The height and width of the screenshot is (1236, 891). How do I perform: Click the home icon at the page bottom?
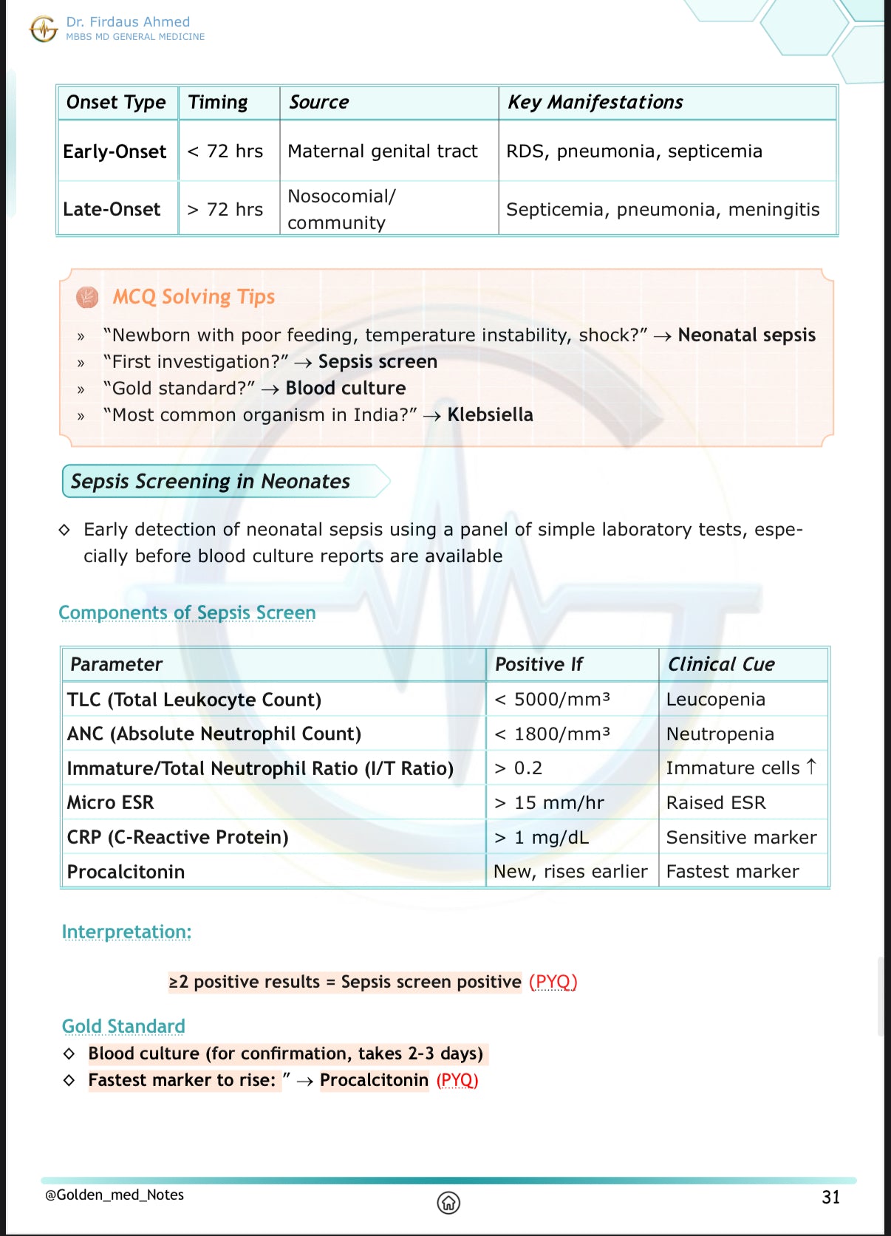[x=448, y=1203]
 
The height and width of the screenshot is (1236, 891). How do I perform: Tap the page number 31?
[x=830, y=1198]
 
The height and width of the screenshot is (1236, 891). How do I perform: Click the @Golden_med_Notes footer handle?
[x=115, y=1195]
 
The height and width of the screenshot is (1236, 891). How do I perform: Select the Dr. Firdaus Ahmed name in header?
[x=128, y=22]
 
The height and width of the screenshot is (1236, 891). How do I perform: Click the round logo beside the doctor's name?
[x=44, y=30]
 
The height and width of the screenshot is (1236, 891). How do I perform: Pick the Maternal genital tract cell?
[x=383, y=151]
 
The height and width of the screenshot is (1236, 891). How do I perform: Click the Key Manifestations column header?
[x=595, y=102]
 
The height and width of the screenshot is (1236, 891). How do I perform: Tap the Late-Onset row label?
[x=112, y=210]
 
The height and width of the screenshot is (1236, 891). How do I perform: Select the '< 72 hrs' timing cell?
[x=225, y=151]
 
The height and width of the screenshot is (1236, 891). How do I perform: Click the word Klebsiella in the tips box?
[x=490, y=415]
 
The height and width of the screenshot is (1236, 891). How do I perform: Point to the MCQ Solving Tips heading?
[x=194, y=297]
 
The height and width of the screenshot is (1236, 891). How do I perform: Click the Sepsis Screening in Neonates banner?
[x=211, y=482]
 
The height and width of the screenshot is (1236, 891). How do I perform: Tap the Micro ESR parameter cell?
[x=111, y=802]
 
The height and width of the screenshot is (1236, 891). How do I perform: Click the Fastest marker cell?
[x=732, y=872]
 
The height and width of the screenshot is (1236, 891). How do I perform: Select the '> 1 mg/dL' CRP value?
[x=542, y=837]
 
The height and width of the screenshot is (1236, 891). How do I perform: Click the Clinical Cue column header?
[x=721, y=664]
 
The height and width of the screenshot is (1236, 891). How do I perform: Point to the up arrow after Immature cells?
[x=811, y=767]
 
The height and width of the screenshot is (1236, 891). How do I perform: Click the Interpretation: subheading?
[x=126, y=932]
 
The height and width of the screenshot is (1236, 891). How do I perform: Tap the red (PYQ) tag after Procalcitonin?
[x=457, y=1081]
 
